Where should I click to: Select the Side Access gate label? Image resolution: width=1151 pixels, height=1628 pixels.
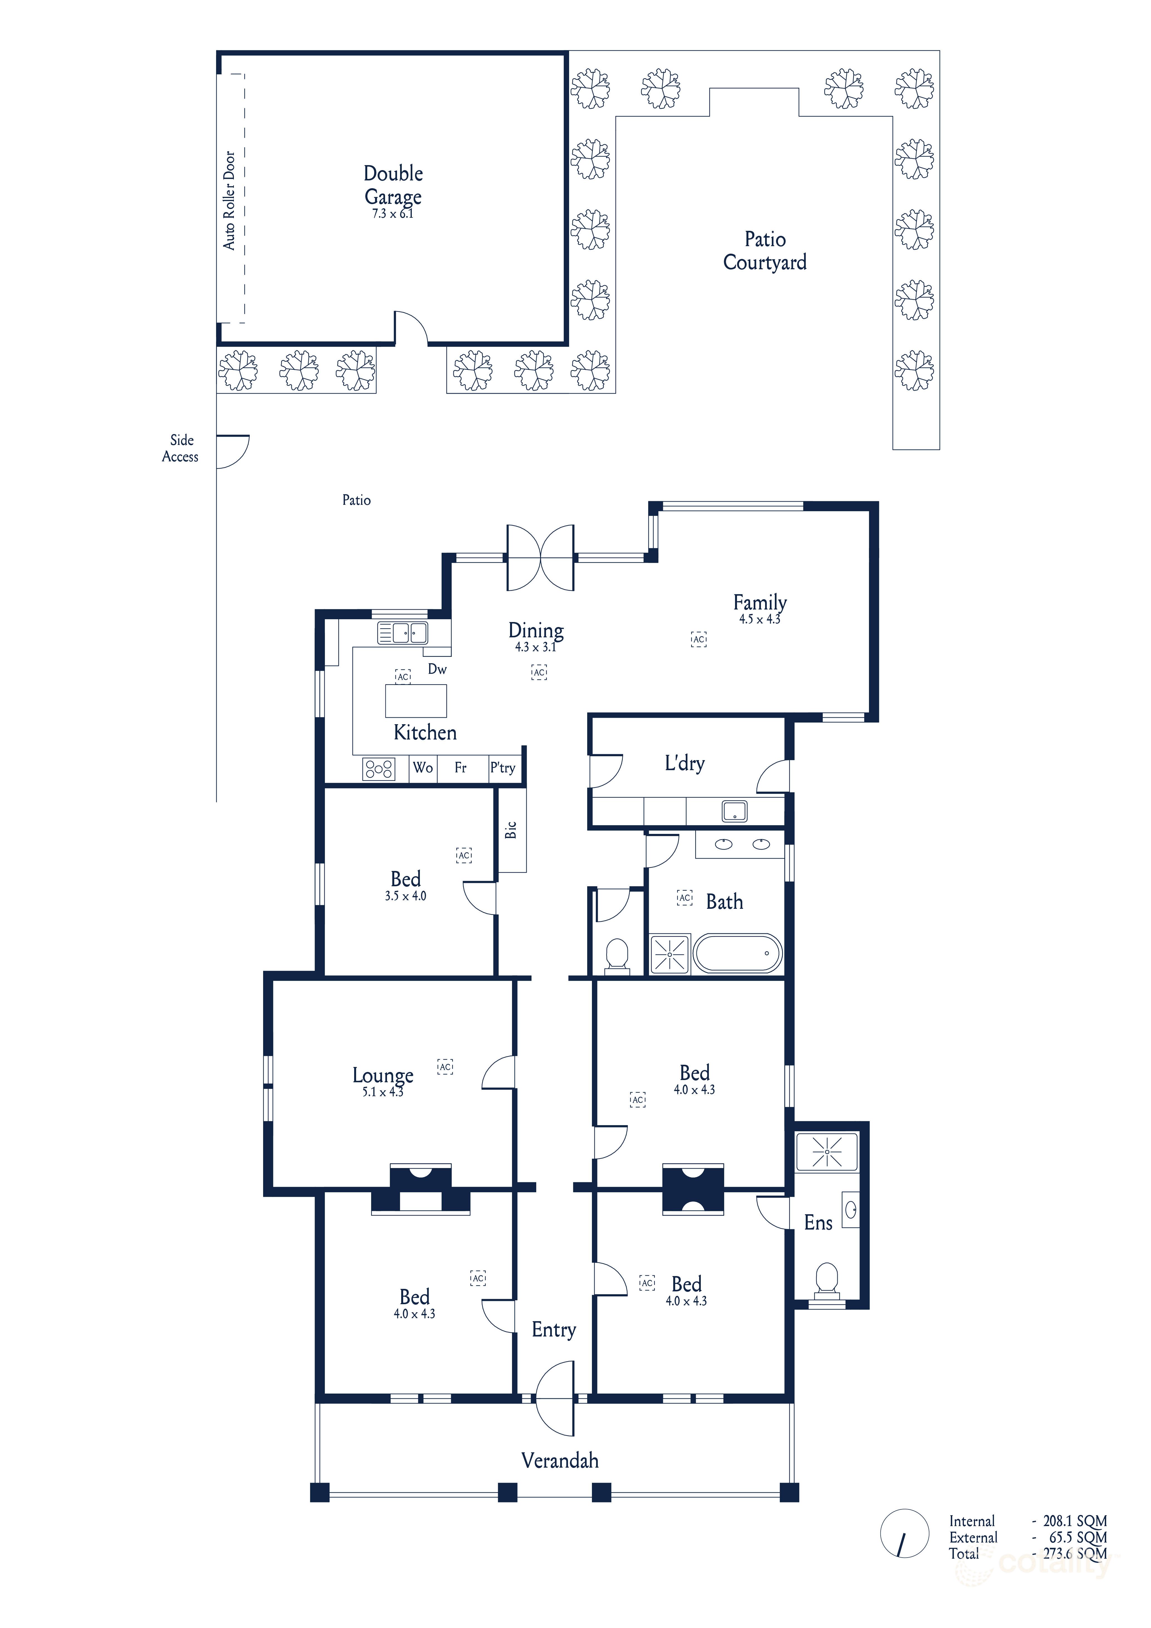pyautogui.click(x=181, y=448)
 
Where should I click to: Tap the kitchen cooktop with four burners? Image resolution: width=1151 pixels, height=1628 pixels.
pyautogui.click(x=379, y=769)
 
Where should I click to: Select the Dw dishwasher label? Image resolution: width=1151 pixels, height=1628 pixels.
pyautogui.click(x=437, y=669)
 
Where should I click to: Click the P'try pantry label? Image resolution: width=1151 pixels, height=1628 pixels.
pyautogui.click(x=503, y=767)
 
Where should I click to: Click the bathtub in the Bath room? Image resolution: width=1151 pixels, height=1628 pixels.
pyautogui.click(x=738, y=953)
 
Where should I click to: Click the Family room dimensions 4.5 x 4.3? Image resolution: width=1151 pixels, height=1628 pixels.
pyautogui.click(x=760, y=619)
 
